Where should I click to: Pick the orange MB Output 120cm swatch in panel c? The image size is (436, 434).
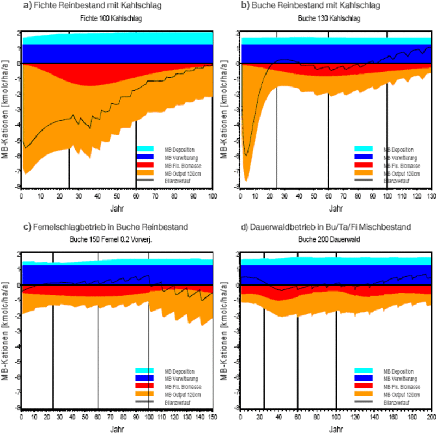coord(146,393)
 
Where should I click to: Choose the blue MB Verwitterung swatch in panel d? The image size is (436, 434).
coord(364,378)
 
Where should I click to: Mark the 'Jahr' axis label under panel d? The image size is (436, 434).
coord(336,430)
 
